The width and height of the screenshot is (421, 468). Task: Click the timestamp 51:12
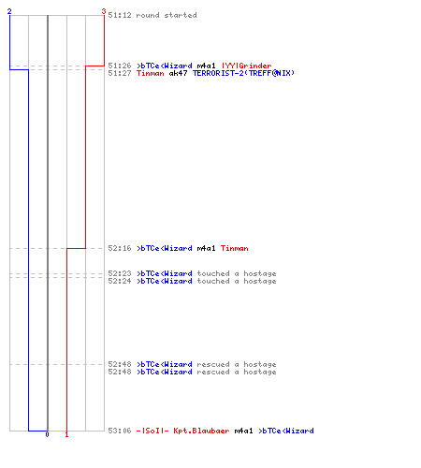[120, 15]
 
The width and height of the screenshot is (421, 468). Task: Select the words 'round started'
[167, 15]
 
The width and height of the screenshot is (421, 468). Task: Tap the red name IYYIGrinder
[246, 66]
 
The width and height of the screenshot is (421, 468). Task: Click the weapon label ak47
[178, 73]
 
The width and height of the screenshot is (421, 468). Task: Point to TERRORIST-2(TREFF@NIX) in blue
[243, 73]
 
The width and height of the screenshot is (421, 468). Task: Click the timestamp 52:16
[120, 248]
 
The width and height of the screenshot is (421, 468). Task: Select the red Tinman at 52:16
[235, 248]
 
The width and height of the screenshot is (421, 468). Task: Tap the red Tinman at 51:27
[151, 73]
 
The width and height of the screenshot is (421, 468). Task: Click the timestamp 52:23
[120, 273]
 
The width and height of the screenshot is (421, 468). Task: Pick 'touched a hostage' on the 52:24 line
[237, 281]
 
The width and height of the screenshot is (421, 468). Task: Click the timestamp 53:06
[120, 431]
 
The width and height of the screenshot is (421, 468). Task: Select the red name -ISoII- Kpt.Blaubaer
[182, 431]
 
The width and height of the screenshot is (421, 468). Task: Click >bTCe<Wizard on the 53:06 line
[286, 431]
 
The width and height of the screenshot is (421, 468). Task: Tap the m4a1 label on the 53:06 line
[243, 431]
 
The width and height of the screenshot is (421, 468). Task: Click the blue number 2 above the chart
[9, 11]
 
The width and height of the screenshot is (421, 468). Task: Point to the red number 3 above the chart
[104, 11]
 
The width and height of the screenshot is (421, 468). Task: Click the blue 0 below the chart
[47, 434]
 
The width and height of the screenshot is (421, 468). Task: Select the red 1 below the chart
[66, 434]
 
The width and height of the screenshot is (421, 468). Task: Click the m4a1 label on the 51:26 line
[206, 66]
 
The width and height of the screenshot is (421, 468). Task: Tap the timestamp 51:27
[120, 73]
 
